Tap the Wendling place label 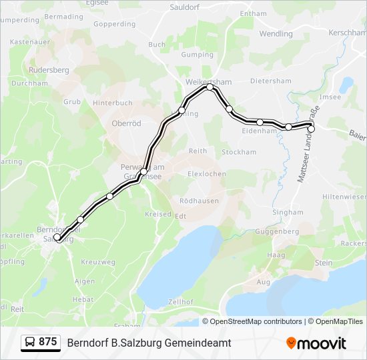276,33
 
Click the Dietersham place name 271,81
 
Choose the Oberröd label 126,123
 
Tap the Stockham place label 239,152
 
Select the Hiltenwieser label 344,197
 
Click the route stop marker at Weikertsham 210,87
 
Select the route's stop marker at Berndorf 57,237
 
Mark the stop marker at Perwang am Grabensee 143,172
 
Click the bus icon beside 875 30,343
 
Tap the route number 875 48,342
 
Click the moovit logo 316,343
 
